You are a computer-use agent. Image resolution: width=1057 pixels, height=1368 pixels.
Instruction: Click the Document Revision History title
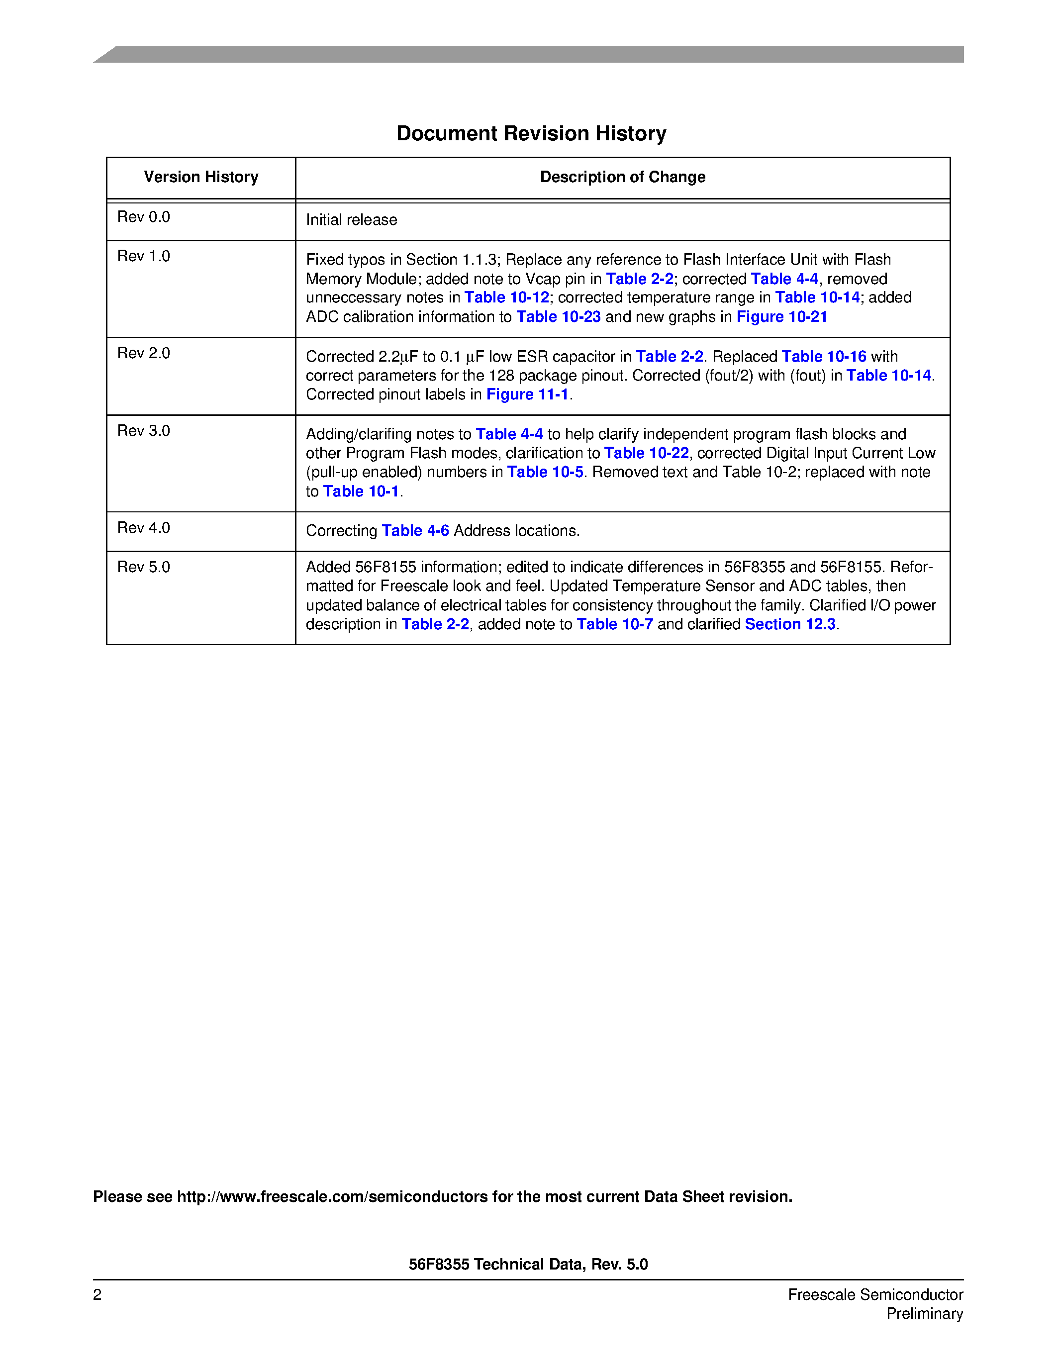click(x=531, y=133)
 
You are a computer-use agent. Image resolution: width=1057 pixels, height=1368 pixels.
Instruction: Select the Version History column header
click(x=201, y=177)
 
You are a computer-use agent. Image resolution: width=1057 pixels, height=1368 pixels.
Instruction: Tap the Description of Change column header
click(x=622, y=177)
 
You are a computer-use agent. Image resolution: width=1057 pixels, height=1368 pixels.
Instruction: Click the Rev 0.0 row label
click(x=143, y=217)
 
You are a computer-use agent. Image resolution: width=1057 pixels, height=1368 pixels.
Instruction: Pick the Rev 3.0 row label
click(x=143, y=431)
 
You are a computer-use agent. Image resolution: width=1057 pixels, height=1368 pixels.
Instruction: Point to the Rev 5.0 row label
click(x=143, y=567)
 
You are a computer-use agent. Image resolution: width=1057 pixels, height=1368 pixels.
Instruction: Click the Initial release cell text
click(x=351, y=220)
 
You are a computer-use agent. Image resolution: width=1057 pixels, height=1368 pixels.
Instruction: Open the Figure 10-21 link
click(x=781, y=317)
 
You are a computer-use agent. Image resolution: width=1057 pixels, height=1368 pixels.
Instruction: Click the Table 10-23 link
click(x=558, y=317)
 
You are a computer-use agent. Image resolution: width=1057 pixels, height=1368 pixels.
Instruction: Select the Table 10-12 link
click(x=506, y=297)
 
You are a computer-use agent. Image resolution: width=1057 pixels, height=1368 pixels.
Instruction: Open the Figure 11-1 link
click(x=527, y=394)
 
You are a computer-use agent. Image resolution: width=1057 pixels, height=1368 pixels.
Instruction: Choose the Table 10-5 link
click(x=545, y=472)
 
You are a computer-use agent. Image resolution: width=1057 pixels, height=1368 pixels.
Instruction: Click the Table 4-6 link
click(x=415, y=531)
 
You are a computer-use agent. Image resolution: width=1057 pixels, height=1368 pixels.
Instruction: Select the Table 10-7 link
click(x=614, y=624)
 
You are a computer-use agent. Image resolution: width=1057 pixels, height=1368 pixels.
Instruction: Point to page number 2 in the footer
click(x=97, y=1295)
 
